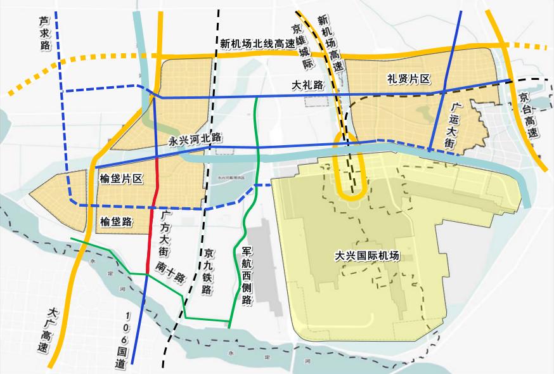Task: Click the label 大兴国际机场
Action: [x=368, y=257]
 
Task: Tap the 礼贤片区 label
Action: [x=409, y=79]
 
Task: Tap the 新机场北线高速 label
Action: [x=258, y=44]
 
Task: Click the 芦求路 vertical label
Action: [x=45, y=35]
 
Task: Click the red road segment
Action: [x=154, y=216]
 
